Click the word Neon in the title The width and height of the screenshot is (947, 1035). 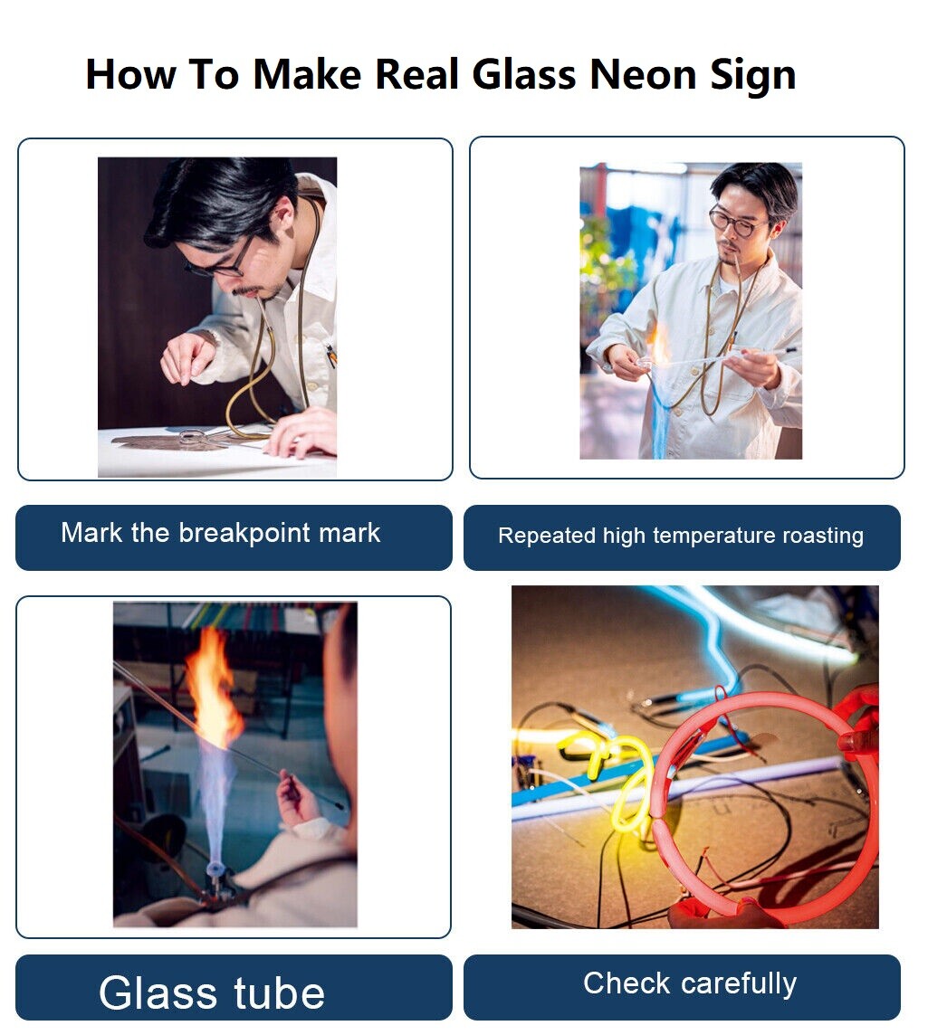pos(643,74)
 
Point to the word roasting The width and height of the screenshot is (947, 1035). pos(823,536)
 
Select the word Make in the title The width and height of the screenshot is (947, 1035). pos(307,74)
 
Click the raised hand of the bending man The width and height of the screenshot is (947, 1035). pos(187,358)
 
